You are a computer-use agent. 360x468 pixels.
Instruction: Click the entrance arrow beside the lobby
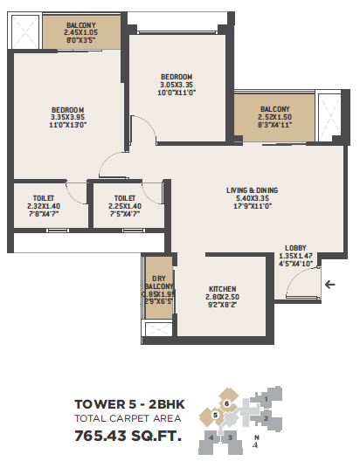click(x=329, y=284)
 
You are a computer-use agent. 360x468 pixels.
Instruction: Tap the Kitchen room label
click(x=223, y=289)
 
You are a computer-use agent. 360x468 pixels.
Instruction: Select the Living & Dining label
click(x=253, y=190)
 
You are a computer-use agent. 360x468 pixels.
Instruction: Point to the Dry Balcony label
click(x=159, y=282)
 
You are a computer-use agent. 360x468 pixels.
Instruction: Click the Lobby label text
click(x=295, y=248)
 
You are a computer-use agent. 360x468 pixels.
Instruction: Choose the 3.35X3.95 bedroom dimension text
click(x=68, y=117)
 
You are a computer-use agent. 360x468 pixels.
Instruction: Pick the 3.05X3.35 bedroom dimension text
click(x=177, y=85)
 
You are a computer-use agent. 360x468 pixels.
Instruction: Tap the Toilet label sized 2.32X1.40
click(x=44, y=198)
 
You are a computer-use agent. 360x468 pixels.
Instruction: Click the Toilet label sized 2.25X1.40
click(x=125, y=198)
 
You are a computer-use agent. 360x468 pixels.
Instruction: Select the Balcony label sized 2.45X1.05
click(x=81, y=25)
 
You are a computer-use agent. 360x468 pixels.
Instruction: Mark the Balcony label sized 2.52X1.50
click(x=275, y=109)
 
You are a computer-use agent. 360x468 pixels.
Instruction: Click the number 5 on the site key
click(x=215, y=415)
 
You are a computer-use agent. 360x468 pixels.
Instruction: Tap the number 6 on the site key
click(x=227, y=404)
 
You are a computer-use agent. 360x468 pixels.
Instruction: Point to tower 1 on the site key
click(x=266, y=399)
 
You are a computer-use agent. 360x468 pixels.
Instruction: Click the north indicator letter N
click(x=257, y=437)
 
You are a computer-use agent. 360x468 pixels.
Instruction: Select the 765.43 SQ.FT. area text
click(x=128, y=436)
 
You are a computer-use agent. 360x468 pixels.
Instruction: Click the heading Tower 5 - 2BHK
click(x=129, y=404)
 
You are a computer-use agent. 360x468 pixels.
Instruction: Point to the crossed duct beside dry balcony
click(x=159, y=329)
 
